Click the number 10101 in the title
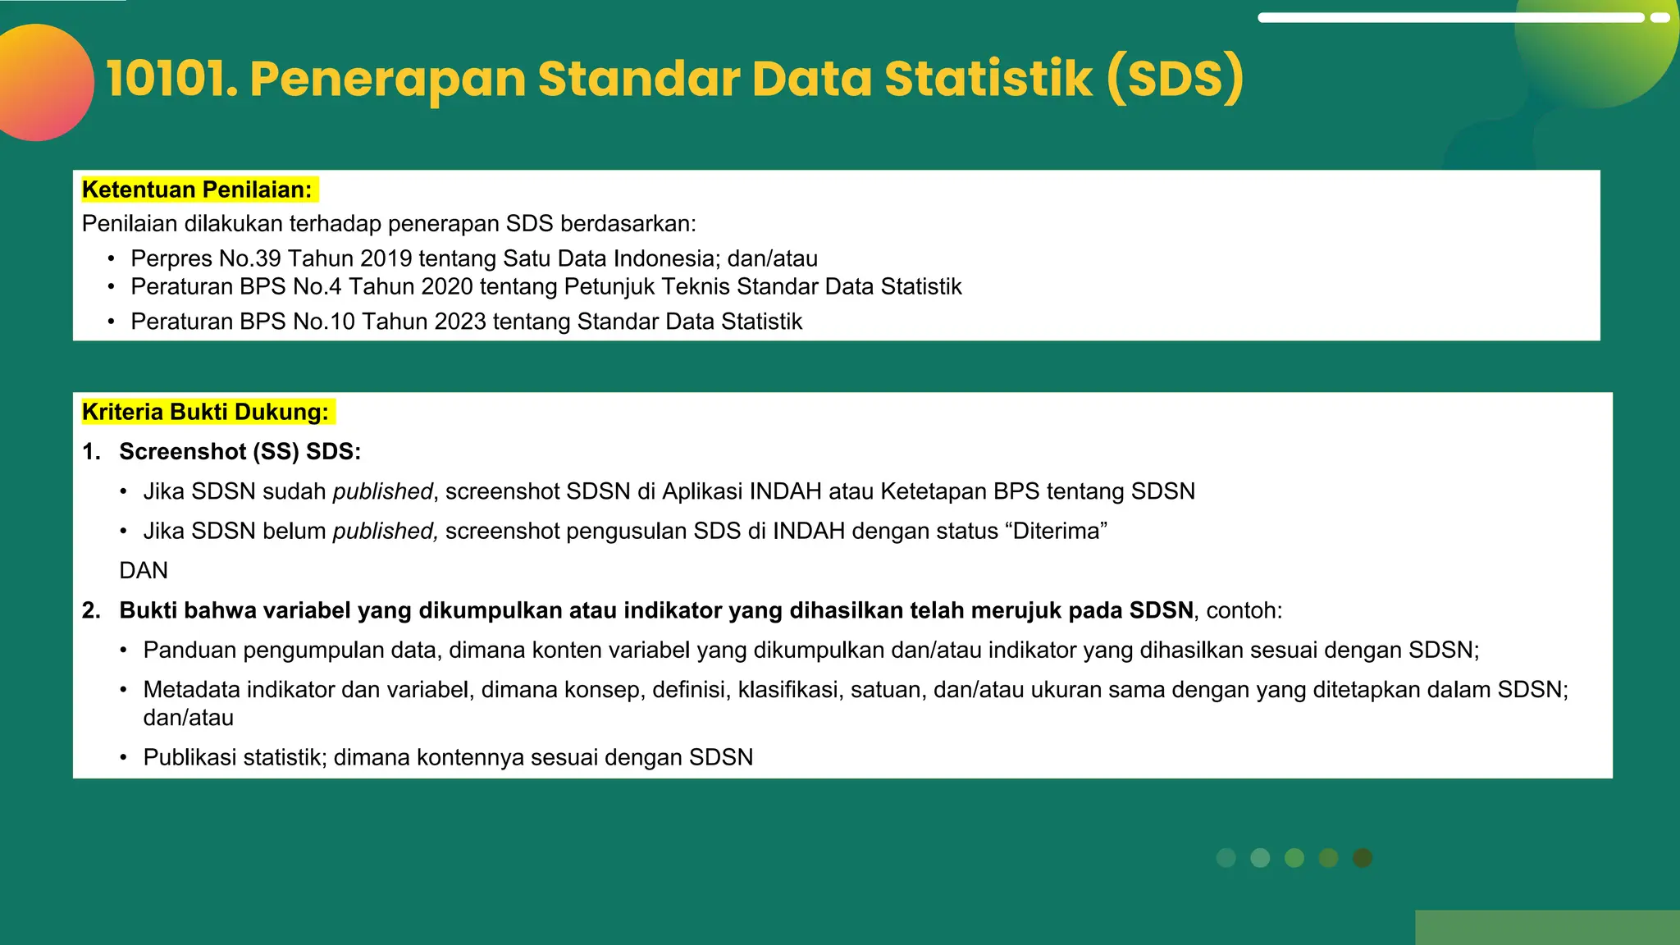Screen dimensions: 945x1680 coord(171,80)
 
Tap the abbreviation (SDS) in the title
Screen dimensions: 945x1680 coord(1175,80)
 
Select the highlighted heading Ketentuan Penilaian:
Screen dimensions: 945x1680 coord(197,190)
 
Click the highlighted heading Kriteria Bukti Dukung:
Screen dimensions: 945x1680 coord(205,412)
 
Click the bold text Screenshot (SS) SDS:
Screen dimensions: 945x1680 coord(240,452)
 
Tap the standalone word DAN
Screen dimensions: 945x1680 coord(144,571)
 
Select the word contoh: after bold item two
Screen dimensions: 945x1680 coord(1244,611)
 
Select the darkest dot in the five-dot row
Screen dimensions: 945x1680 coord(1363,858)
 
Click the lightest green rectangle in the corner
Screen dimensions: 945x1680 coord(1547,927)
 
